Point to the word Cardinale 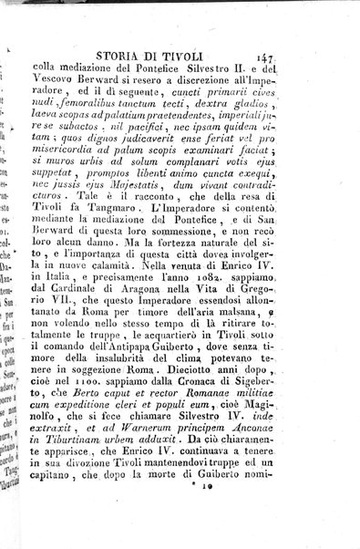pos(117,316)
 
